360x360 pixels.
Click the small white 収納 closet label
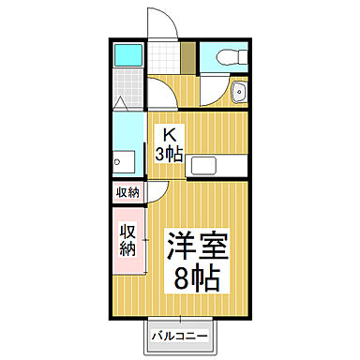point(127,192)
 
